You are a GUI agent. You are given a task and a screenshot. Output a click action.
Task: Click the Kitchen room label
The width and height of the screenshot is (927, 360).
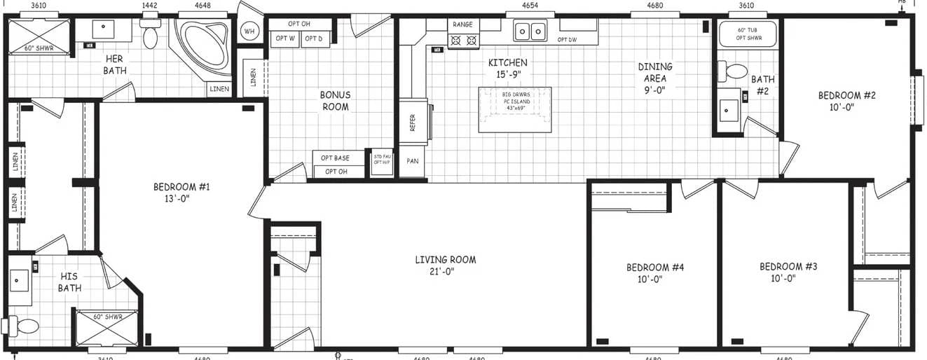pyautogui.click(x=507, y=68)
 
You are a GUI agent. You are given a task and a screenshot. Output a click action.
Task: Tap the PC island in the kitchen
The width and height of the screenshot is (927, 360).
pyautogui.click(x=515, y=109)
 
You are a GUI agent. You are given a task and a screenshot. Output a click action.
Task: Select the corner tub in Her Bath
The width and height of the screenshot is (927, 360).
pyautogui.click(x=204, y=46)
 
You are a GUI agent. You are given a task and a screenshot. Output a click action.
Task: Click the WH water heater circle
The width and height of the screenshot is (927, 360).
pyautogui.click(x=249, y=31)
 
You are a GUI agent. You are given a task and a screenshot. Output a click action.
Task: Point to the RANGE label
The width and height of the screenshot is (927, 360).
pyautogui.click(x=462, y=25)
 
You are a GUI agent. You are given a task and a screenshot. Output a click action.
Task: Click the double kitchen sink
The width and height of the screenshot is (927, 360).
pyautogui.click(x=530, y=32)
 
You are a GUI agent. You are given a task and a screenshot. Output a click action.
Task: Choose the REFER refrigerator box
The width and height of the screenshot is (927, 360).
pyautogui.click(x=413, y=123)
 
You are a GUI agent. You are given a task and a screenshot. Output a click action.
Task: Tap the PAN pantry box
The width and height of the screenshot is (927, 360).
pyautogui.click(x=413, y=161)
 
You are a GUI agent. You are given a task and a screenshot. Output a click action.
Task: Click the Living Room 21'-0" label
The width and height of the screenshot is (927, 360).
pyautogui.click(x=445, y=265)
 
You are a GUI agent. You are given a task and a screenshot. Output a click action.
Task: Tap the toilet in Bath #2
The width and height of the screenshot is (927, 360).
pyautogui.click(x=733, y=71)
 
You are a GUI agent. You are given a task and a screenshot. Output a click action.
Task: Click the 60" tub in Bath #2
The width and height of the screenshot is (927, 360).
pyautogui.click(x=748, y=34)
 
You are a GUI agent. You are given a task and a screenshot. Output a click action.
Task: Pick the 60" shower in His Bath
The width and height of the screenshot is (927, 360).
pyautogui.click(x=107, y=328)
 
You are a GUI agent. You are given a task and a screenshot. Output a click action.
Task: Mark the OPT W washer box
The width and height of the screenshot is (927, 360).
pyautogui.click(x=285, y=39)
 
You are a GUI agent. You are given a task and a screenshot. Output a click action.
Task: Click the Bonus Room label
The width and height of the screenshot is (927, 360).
pyautogui.click(x=334, y=101)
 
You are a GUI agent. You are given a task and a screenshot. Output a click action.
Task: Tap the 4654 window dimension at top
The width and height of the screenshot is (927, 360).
pyautogui.click(x=530, y=6)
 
